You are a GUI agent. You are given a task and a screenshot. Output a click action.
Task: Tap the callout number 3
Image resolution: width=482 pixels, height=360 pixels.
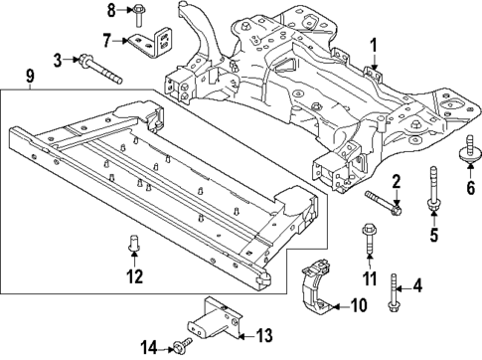pos(58,60)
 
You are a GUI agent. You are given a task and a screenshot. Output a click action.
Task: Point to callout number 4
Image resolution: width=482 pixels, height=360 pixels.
pos(417,286)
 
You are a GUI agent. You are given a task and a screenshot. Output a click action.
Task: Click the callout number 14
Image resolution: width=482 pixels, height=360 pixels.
pos(149,346)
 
